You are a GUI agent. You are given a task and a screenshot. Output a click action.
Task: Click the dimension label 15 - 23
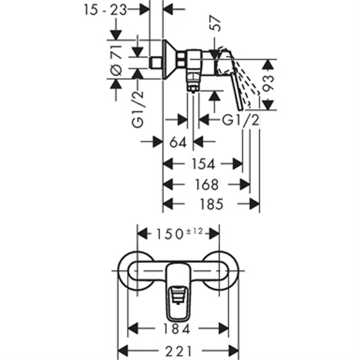point(105,9)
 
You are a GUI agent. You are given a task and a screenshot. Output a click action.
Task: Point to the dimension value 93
point(269,85)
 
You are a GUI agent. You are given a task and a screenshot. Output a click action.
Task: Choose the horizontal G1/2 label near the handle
point(241,120)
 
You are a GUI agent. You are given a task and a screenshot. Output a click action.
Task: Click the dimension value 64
point(178,142)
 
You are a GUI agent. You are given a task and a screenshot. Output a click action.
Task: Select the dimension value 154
point(203,163)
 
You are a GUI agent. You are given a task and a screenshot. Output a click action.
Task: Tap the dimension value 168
point(206,184)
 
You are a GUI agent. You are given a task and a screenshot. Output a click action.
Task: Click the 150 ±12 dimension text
point(179,233)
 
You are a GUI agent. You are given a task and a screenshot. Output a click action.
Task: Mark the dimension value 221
point(179,351)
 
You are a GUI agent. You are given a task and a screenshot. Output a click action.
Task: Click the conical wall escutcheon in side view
point(169,59)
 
